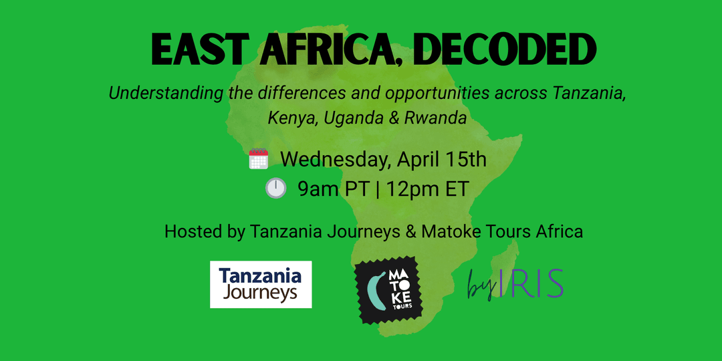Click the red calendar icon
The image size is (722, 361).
click(259, 160)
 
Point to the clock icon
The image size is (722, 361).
click(275, 189)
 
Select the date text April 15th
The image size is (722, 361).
click(442, 160)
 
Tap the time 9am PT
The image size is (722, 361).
click(333, 189)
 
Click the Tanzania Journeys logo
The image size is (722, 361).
click(261, 284)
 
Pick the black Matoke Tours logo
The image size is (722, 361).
click(388, 290)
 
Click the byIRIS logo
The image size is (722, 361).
click(515, 284)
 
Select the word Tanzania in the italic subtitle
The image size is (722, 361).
click(589, 92)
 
